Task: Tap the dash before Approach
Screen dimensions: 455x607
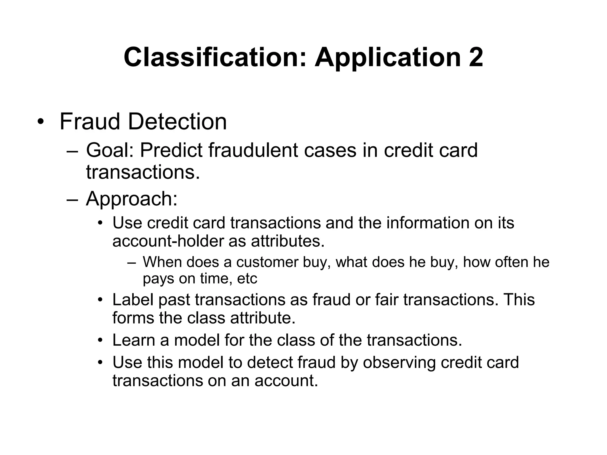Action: click(x=72, y=199)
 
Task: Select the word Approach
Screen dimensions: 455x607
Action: click(x=131, y=199)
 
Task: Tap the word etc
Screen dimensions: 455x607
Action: click(x=247, y=278)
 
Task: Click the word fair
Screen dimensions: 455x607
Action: click(x=387, y=299)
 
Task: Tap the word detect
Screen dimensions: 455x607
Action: click(x=270, y=363)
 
